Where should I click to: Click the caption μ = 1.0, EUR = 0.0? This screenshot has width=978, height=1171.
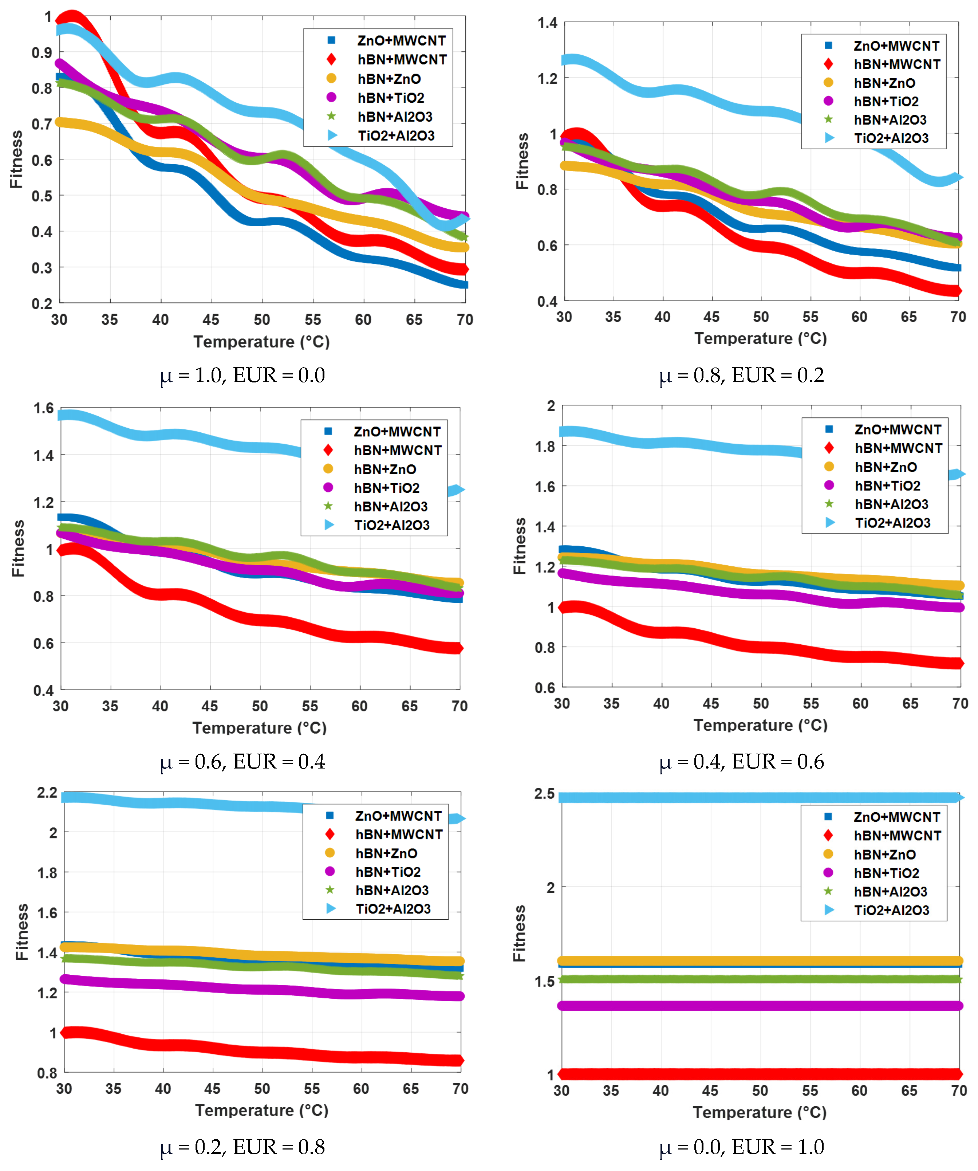coord(242,375)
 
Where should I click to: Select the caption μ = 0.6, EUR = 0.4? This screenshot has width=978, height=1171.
coord(242,761)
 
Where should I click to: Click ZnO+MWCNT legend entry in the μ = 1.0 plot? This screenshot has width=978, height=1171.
coord(401,41)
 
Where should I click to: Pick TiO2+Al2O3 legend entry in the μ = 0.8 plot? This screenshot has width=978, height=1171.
coord(891,138)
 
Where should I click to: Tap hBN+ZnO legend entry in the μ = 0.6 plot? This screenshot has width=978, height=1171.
coord(385,469)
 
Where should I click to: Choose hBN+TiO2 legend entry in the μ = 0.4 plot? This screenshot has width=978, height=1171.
coord(887,486)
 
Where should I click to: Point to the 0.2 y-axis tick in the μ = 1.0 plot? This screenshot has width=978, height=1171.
coord(42,304)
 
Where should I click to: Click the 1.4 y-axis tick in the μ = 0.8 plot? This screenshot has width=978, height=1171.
coord(547,23)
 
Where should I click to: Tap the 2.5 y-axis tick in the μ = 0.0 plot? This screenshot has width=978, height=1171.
coord(544,794)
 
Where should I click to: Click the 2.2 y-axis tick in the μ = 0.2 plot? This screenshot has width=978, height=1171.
coord(47,792)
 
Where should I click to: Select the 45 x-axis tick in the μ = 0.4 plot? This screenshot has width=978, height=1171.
coord(710,703)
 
